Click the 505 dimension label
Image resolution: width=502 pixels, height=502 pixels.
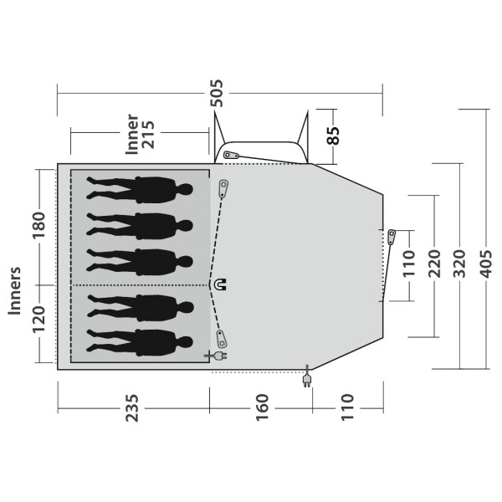click(x=216, y=93)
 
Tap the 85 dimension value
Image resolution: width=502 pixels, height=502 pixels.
click(x=333, y=136)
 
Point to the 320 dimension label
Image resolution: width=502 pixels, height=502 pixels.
click(x=459, y=264)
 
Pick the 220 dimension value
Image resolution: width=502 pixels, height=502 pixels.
click(x=434, y=264)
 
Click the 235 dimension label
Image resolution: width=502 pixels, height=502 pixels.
click(x=132, y=408)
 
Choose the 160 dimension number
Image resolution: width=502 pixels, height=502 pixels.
click(x=262, y=407)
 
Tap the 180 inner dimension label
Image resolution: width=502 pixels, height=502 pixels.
click(x=39, y=225)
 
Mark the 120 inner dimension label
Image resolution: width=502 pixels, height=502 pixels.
click(x=39, y=320)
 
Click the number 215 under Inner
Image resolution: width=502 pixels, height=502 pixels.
click(x=148, y=135)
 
